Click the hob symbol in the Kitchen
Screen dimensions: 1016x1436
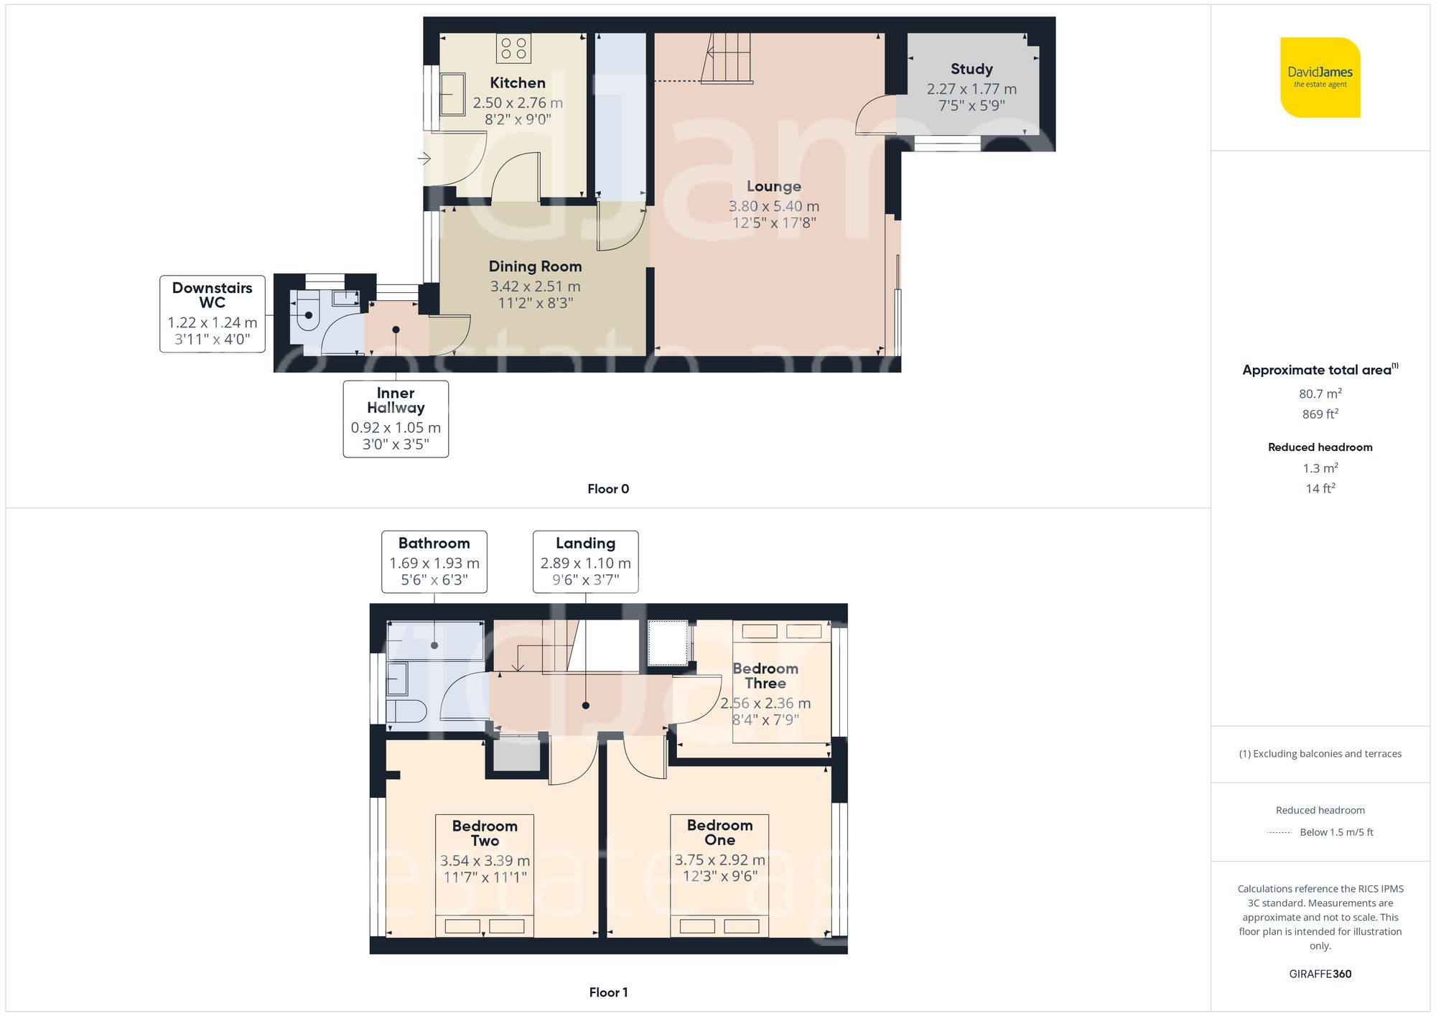513,49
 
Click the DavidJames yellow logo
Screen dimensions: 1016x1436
1320,78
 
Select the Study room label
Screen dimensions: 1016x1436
971,69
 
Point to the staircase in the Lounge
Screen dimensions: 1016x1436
727,57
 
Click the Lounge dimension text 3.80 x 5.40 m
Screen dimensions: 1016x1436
773,206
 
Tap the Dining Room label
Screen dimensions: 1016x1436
535,266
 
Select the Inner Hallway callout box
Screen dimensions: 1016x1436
396,419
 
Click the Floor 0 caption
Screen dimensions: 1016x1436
607,489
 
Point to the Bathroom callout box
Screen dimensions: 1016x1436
434,561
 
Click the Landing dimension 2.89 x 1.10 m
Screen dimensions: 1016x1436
585,564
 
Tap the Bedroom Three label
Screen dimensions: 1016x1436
765,676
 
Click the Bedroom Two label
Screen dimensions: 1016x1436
485,833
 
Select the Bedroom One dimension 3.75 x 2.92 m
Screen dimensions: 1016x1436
719,860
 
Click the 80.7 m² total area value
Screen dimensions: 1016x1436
1320,393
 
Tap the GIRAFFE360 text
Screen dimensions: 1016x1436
1320,974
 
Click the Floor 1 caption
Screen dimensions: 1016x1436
607,992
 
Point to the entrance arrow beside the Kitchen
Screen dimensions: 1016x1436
424,158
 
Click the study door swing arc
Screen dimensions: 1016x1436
871,115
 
